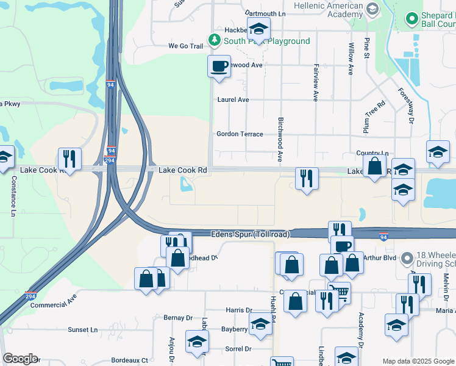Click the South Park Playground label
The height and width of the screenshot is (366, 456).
266,41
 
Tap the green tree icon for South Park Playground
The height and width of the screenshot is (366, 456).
214,40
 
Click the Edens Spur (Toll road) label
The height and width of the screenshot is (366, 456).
251,234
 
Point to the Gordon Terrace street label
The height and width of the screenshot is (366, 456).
240,134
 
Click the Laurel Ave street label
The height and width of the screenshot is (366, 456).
233,99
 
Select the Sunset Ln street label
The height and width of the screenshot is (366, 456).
82,330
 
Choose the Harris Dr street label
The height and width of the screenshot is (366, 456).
238,310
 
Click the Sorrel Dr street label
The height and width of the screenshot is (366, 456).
238,350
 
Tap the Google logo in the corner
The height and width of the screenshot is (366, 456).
20,359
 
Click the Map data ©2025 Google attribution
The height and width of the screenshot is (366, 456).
418,361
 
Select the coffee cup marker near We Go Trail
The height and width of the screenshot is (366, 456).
219,66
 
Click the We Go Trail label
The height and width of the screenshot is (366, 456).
185,46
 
